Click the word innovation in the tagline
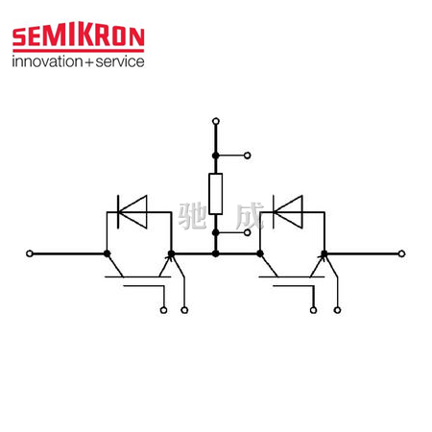click(x=48, y=61)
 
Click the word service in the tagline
click(x=120, y=61)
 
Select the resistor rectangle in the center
click(x=216, y=194)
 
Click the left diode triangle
click(x=132, y=212)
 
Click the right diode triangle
click(x=288, y=212)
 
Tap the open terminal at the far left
click(x=30, y=253)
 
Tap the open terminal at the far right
click(x=401, y=253)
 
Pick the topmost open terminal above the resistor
click(x=216, y=121)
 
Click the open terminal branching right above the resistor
click(x=248, y=156)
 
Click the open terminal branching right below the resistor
click(x=248, y=232)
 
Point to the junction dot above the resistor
click(x=216, y=156)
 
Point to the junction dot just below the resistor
click(x=216, y=232)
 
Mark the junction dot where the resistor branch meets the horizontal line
click(x=216, y=253)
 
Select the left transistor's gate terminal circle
click(x=163, y=310)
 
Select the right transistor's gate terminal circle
click(x=314, y=310)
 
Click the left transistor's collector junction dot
click(x=107, y=253)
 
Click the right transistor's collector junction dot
click(x=260, y=253)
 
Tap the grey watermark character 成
click(x=250, y=216)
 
